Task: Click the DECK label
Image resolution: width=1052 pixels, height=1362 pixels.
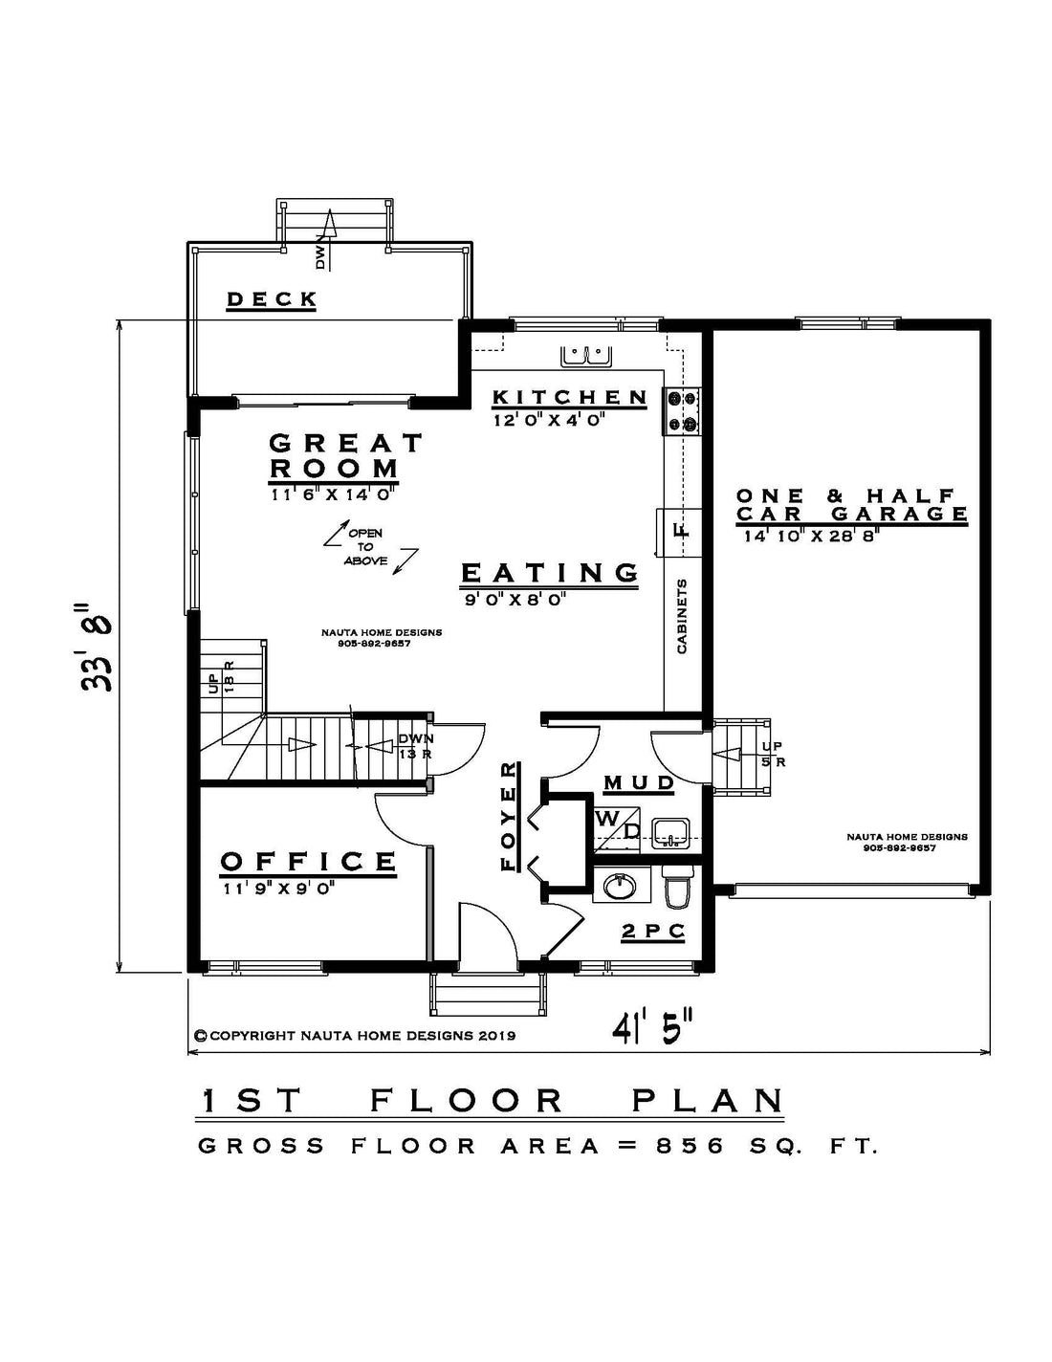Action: [272, 299]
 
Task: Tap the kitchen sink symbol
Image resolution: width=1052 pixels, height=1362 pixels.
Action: [586, 356]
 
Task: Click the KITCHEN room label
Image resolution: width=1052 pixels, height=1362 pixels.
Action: [570, 397]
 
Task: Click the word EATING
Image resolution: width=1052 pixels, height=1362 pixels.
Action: [550, 572]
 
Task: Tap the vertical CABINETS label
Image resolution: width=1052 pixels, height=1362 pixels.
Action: [682, 616]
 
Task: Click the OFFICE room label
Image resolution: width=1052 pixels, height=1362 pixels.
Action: [308, 861]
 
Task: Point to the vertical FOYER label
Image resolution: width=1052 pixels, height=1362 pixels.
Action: [510, 816]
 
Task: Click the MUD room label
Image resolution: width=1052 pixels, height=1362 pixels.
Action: [639, 782]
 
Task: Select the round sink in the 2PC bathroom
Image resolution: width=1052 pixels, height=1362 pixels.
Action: [620, 887]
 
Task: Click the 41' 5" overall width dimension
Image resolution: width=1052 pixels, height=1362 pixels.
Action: [652, 1032]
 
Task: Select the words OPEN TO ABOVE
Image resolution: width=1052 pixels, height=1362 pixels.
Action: [365, 547]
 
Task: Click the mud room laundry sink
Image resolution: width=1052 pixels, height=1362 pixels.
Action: [670, 834]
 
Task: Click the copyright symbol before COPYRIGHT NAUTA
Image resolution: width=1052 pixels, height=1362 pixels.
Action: [201, 1036]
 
